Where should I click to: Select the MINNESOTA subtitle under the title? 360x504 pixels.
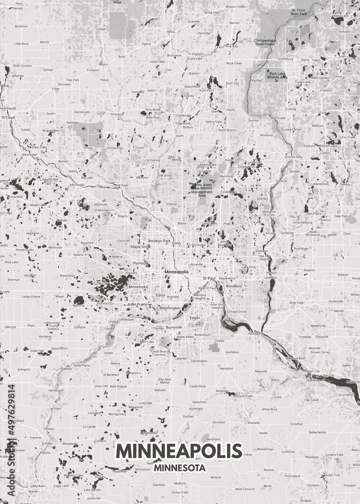pos(179,467)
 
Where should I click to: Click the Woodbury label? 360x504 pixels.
pos(233,286)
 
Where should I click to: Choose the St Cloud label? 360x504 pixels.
pos(8,117)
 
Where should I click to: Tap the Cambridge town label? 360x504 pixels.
pos(183,115)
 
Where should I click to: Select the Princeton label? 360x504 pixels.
pos(117,114)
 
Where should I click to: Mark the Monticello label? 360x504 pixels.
pos(77,184)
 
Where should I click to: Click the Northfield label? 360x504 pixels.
pos(195,408)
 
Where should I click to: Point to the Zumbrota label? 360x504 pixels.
pos(288,452)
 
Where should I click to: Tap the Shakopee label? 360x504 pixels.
pos(127,319)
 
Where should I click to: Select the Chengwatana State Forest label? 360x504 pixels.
pos(265,42)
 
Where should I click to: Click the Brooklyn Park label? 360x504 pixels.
pos(159,241)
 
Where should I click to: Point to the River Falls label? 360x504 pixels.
pos(296,302)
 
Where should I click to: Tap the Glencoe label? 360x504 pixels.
pos(10,327)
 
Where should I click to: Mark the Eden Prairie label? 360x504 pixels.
pos(137,304)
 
